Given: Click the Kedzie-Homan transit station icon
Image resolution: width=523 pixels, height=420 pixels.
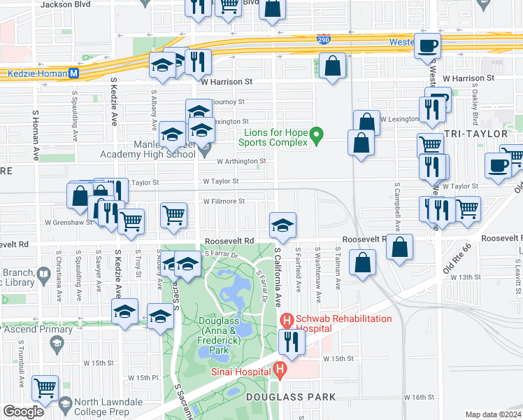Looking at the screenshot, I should [x=73, y=73].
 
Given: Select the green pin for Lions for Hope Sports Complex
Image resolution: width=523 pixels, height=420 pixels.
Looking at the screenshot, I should [x=316, y=134].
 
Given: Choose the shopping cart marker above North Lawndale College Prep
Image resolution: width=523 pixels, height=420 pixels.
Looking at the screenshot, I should [x=45, y=387].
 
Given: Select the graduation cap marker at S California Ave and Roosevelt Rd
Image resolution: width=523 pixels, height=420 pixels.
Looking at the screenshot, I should [x=282, y=226].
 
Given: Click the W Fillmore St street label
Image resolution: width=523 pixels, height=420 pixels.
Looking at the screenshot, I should [x=224, y=201].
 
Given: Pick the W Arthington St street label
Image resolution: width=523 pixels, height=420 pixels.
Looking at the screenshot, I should [x=241, y=161].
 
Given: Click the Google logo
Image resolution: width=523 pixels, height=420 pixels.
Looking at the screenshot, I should [x=23, y=411].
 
